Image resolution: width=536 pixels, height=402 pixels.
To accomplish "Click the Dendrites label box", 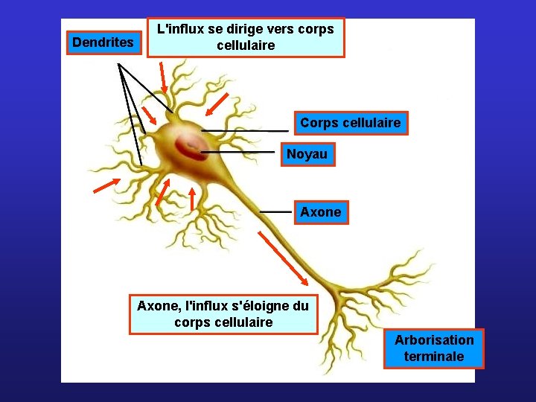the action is [x=103, y=42].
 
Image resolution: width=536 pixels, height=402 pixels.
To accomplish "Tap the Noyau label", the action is [x=307, y=155].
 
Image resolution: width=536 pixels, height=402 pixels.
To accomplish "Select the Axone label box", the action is [x=320, y=212].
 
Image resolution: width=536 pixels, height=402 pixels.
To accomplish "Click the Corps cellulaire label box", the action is [x=350, y=123].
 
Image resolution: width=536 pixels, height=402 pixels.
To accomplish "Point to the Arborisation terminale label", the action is [x=434, y=348].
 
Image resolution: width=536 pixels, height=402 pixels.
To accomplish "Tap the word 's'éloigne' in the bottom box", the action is [x=255, y=306].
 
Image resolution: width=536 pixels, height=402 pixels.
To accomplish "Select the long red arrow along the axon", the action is [x=282, y=258].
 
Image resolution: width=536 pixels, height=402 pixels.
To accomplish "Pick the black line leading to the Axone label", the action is [x=275, y=211].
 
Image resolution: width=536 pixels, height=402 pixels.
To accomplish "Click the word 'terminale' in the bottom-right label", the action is [x=434, y=357].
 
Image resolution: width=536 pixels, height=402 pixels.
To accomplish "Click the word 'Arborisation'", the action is [x=434, y=340].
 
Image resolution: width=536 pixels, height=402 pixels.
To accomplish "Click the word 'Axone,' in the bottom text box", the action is [x=159, y=306].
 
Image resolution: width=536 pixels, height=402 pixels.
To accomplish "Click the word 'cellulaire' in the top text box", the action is [x=246, y=45].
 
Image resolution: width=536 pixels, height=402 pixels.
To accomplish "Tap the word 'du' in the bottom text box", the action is [x=300, y=306].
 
